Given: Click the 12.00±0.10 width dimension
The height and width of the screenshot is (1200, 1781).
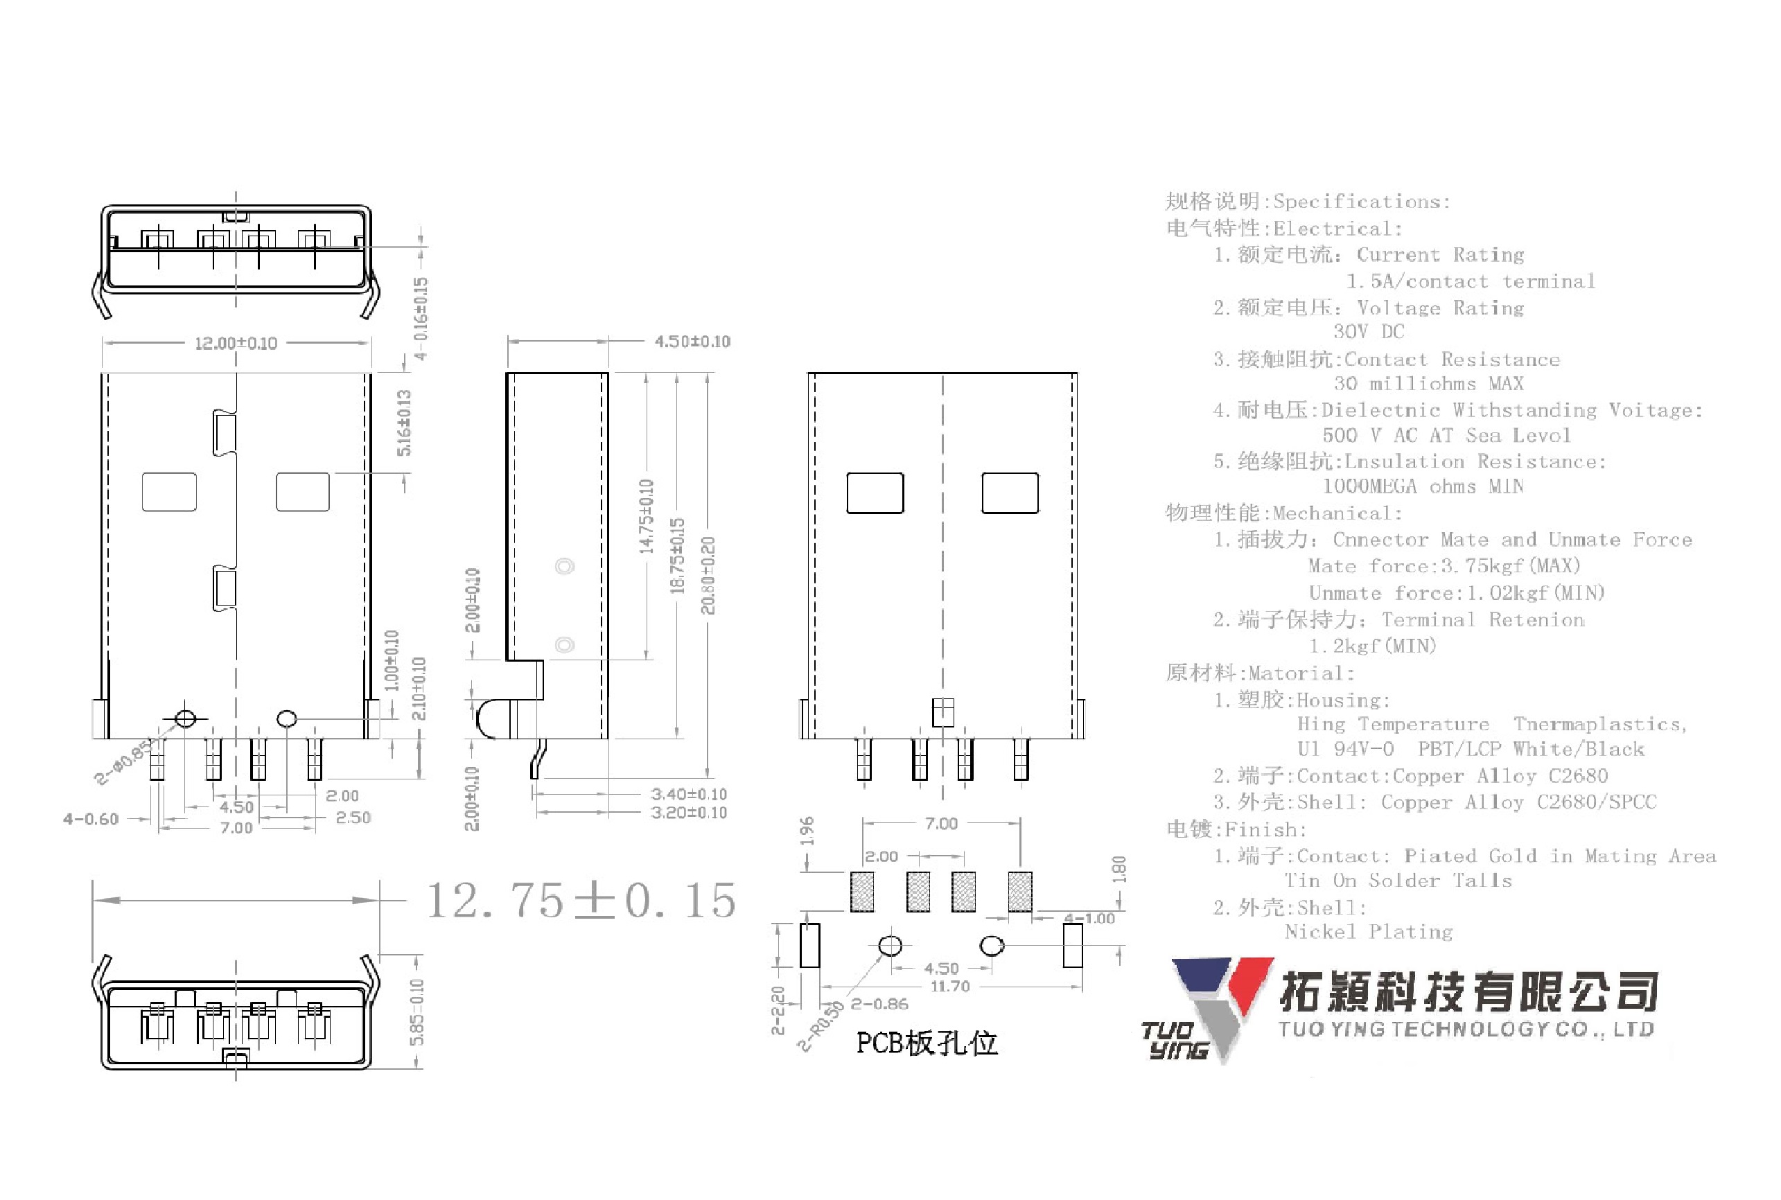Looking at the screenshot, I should tap(236, 344).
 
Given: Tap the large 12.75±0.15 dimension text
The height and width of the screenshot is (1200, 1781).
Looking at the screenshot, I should tap(580, 900).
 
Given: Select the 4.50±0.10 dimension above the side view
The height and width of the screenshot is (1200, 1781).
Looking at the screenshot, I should tap(692, 342).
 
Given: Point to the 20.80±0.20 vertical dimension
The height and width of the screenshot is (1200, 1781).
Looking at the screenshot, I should tap(708, 576).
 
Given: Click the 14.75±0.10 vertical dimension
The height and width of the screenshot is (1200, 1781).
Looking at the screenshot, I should tap(647, 517).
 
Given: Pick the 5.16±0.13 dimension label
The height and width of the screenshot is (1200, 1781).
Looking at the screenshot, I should tap(404, 423).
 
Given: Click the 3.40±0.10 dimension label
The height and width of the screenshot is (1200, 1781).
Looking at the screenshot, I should tap(688, 795).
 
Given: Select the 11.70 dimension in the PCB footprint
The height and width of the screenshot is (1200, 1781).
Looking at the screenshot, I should tap(950, 987).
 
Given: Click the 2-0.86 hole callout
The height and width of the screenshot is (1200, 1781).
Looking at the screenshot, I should tap(879, 1004).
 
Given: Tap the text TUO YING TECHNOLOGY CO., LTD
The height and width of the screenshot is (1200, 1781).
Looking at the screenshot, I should tap(1466, 1030).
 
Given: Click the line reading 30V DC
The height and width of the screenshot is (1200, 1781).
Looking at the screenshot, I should tap(1369, 331).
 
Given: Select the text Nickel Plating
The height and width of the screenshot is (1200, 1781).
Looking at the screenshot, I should tap(1369, 932).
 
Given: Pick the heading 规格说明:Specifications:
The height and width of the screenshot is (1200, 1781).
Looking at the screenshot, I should tap(1307, 202).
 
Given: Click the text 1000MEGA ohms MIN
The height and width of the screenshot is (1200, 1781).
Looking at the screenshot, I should tap(1423, 487).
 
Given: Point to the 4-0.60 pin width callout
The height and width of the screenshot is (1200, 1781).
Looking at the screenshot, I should tap(91, 820).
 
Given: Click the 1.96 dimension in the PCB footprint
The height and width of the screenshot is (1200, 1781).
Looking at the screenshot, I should tap(807, 831).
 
